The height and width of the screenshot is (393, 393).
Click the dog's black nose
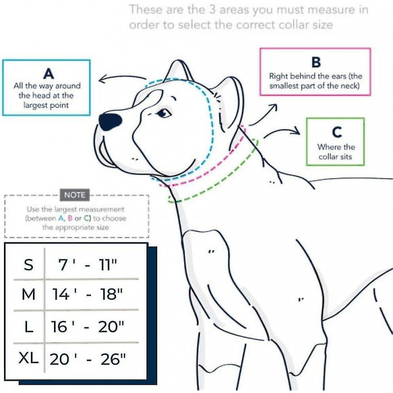[x=110, y=121]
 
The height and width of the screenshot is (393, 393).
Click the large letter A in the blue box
[x=49, y=74]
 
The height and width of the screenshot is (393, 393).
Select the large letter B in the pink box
[x=316, y=62]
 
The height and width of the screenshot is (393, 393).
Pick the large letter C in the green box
[x=337, y=132]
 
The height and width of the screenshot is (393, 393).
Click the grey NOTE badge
[x=75, y=195]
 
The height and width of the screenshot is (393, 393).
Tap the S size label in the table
[x=28, y=264]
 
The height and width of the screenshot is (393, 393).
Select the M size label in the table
[x=28, y=294]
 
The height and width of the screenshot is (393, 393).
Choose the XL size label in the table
[x=28, y=358]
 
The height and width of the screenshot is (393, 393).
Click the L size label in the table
[x=29, y=327]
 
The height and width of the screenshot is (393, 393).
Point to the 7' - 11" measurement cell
[x=87, y=265]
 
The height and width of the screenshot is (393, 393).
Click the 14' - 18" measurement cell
[x=87, y=294]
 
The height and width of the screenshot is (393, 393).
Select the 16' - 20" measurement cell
[x=87, y=327]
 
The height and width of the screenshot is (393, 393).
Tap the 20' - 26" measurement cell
[x=87, y=359]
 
